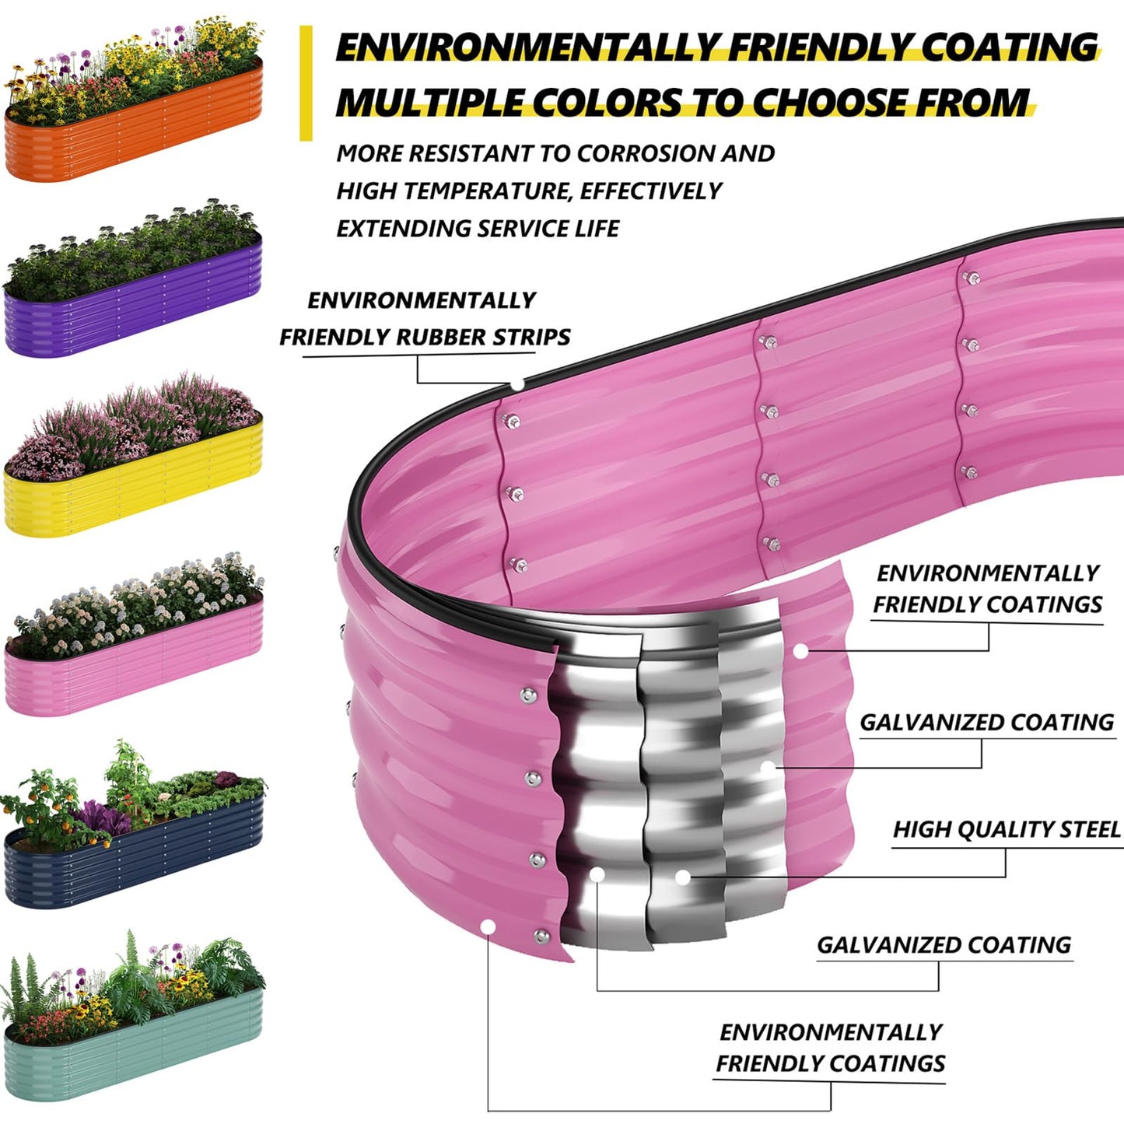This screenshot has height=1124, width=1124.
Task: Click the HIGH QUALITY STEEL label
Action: pos(1006,829)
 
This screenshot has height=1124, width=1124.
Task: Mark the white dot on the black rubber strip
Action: pos(517,384)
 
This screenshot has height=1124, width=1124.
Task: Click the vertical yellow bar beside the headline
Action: pos(306,83)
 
